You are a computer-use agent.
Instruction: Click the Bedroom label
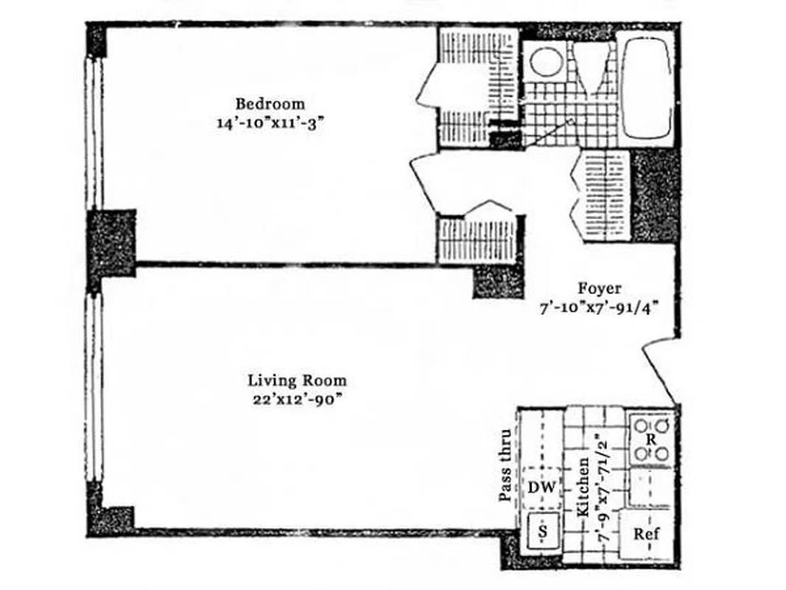(x=270, y=104)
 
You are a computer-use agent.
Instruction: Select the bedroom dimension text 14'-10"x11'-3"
(x=270, y=123)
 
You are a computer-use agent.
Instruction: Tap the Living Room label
(x=297, y=381)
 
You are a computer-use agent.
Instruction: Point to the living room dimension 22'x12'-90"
(x=296, y=400)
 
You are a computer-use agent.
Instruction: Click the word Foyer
(x=599, y=289)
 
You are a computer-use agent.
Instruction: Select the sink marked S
(x=543, y=531)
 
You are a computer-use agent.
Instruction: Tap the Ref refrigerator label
(x=646, y=534)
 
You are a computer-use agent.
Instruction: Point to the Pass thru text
(x=505, y=466)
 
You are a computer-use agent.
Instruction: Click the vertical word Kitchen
(x=582, y=487)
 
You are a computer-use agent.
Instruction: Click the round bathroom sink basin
(x=546, y=62)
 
